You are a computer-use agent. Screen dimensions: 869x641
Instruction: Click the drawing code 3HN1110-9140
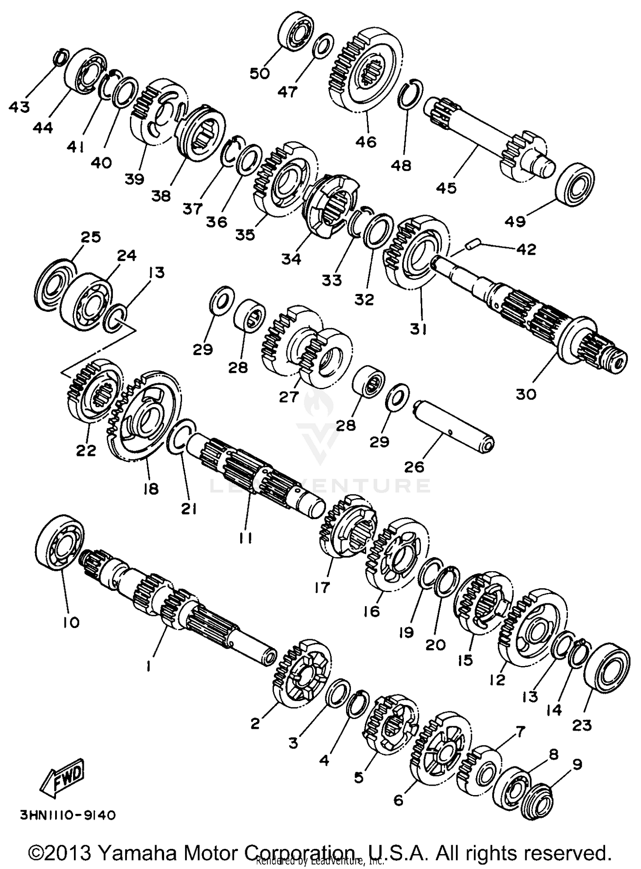pyautogui.click(x=68, y=815)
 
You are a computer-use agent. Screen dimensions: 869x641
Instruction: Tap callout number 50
pyautogui.click(x=260, y=73)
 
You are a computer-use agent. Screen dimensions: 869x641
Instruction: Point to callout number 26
pyautogui.click(x=414, y=466)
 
